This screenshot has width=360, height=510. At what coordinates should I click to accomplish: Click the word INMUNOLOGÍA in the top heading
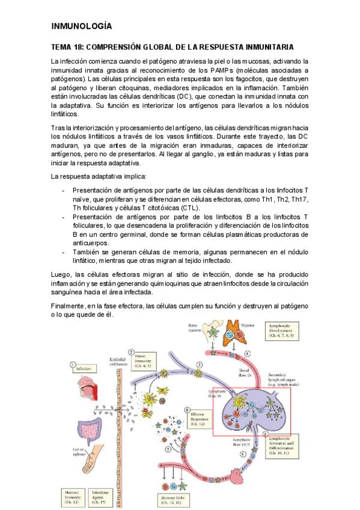tap(82, 26)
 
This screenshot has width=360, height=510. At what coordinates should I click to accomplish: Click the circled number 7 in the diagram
tap(168, 450)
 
